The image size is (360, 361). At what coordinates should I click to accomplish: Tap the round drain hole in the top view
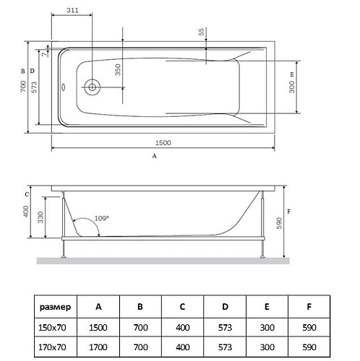[92, 87]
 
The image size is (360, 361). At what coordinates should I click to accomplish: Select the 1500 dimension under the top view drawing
[163, 142]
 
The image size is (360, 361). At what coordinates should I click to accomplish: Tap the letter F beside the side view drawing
[289, 212]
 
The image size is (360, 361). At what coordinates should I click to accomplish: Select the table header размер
[56, 307]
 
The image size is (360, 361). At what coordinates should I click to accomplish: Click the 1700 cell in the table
[98, 346]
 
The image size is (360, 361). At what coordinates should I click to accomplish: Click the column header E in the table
[267, 307]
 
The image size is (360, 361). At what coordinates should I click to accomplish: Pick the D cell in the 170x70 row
[224, 346]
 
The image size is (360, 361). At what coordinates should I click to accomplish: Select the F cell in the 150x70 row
[309, 326]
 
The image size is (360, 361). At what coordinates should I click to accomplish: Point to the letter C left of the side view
[26, 193]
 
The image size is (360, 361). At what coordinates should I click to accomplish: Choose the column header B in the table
[140, 307]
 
